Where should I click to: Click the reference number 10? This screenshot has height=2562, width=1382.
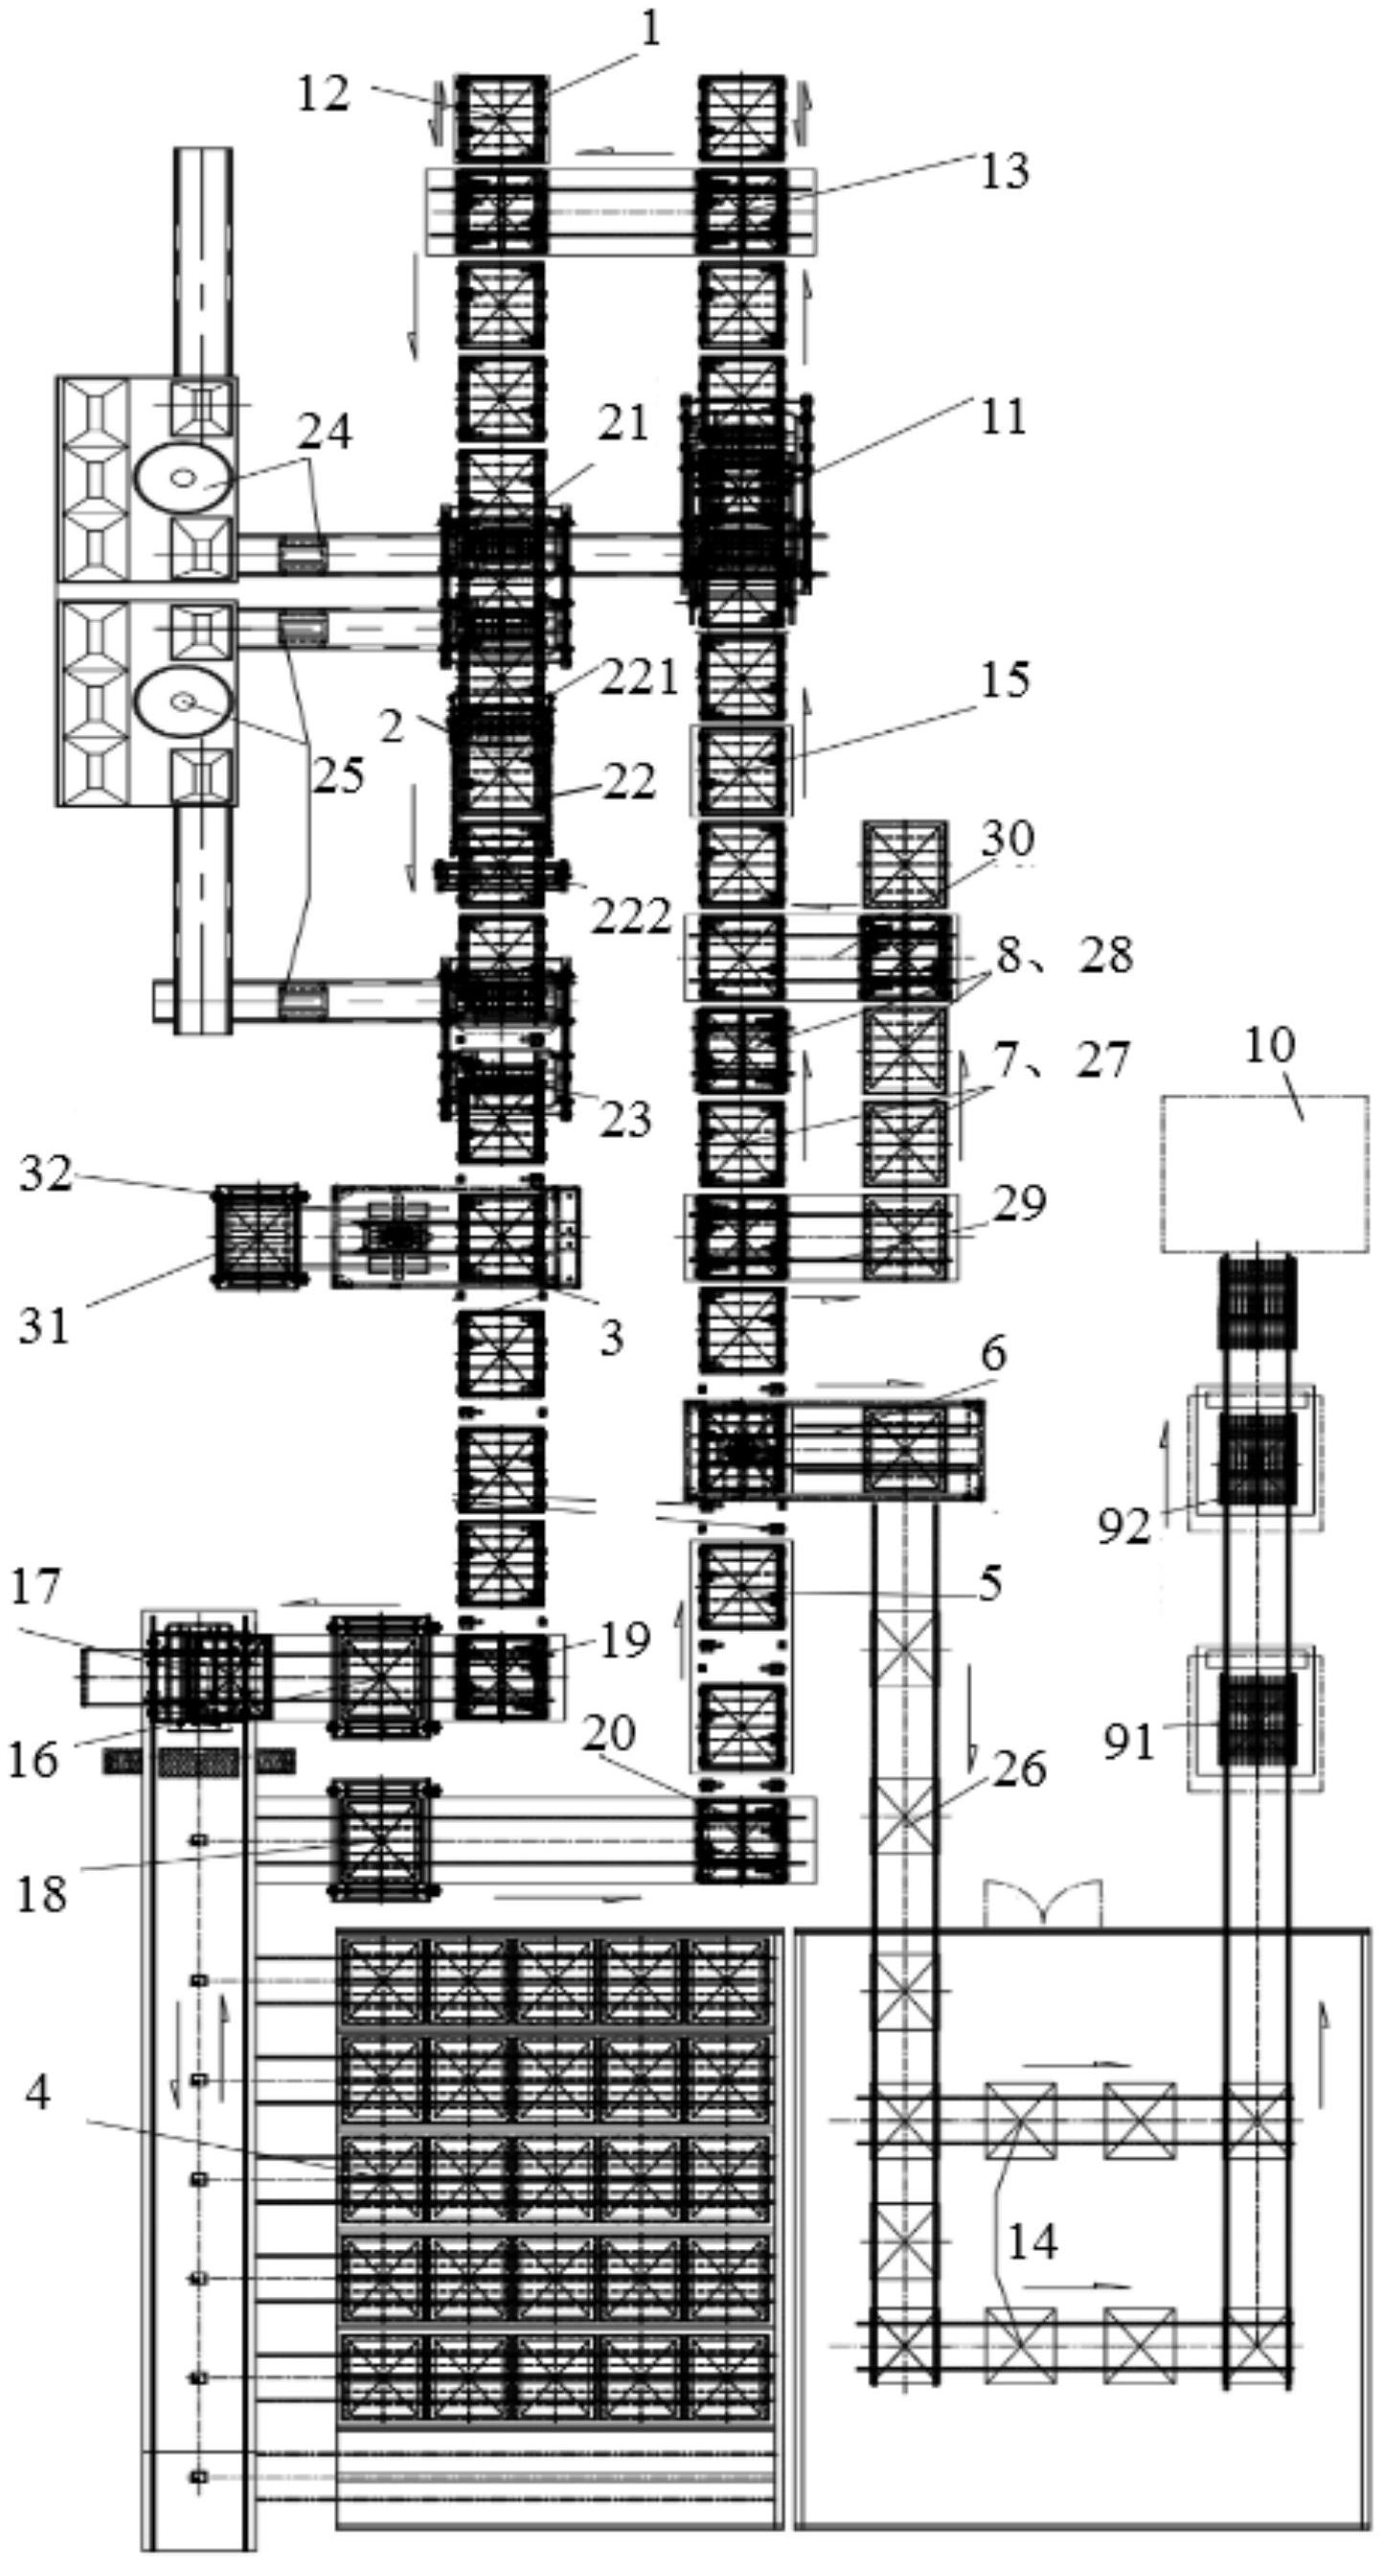[1270, 1046]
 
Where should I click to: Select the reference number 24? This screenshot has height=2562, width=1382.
[326, 433]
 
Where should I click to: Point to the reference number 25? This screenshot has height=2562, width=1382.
[339, 775]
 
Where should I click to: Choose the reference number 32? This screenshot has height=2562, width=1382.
[47, 1174]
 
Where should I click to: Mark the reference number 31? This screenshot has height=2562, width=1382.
[45, 1326]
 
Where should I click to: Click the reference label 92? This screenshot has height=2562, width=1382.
[1124, 1526]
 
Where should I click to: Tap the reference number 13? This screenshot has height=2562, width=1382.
[1004, 170]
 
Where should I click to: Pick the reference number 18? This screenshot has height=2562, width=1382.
[41, 1894]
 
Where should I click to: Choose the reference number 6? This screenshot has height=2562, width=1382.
[994, 1352]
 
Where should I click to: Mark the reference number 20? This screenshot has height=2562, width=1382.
[609, 1733]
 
